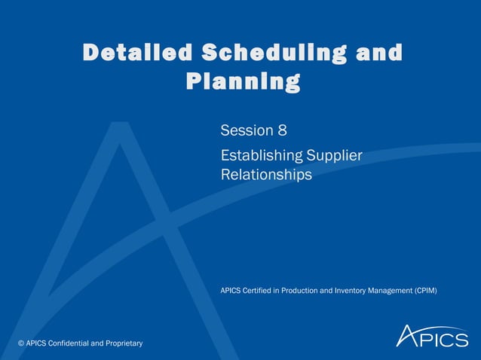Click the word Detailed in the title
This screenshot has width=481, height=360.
pyautogui.click(x=138, y=53)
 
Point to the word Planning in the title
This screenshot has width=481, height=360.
pyautogui.click(x=242, y=81)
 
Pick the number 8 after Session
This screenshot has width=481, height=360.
pyautogui.click(x=282, y=130)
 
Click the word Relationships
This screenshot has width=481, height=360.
pyautogui.click(x=266, y=175)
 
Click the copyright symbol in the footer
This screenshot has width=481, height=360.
pyautogui.click(x=21, y=343)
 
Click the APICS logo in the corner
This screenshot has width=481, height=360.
pyautogui.click(x=432, y=336)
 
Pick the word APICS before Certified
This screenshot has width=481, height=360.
pyautogui.click(x=232, y=290)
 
